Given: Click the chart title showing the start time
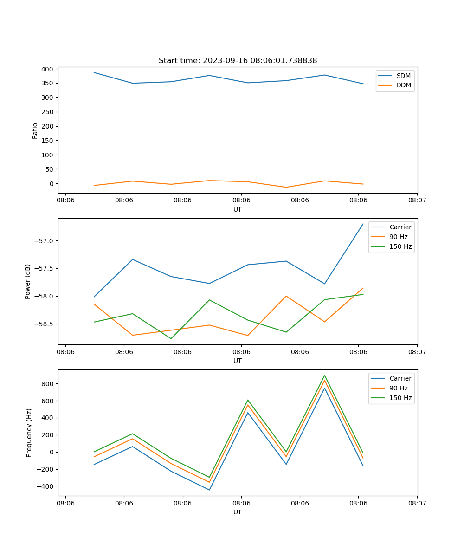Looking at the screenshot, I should click(x=238, y=61).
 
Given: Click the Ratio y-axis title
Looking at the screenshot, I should click(x=35, y=131).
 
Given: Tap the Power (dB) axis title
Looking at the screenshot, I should click(x=28, y=281).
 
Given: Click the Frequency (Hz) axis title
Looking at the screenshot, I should click(x=29, y=433).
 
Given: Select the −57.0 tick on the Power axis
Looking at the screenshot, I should click(x=44, y=241).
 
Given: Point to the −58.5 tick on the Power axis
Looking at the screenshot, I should click(x=44, y=324).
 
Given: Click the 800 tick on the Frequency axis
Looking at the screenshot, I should click(x=47, y=384).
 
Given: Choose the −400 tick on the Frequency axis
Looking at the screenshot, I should click(x=45, y=486).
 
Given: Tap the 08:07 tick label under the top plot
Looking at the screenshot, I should click(x=417, y=201).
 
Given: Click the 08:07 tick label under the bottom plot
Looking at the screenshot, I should click(x=417, y=503).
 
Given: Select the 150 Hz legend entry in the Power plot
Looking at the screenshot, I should click(x=400, y=246).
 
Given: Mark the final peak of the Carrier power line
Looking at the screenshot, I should click(x=363, y=224).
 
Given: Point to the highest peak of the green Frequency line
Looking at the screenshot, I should click(x=324, y=375).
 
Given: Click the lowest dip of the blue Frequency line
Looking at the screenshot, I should click(x=209, y=490).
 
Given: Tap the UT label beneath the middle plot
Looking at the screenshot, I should click(x=238, y=361).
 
